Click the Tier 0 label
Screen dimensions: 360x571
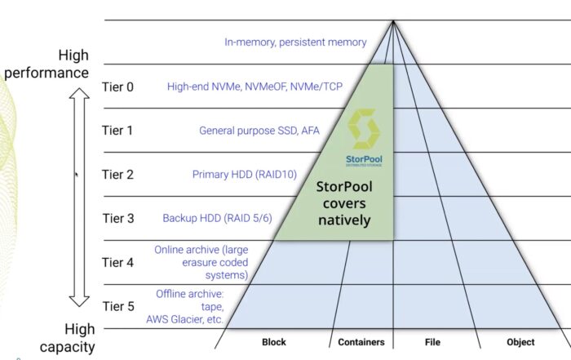tap(117, 87)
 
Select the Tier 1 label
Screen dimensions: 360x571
tap(117, 131)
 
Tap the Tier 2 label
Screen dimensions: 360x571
tap(117, 175)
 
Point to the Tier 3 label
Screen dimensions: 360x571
tap(117, 219)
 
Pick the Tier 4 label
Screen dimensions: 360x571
tap(117, 263)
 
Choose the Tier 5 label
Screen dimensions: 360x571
tap(117, 307)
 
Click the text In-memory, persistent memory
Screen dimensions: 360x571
tap(295, 42)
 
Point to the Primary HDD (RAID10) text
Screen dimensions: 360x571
tap(244, 175)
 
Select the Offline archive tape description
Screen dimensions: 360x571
tap(189, 307)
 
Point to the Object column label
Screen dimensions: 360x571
tap(520, 342)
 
